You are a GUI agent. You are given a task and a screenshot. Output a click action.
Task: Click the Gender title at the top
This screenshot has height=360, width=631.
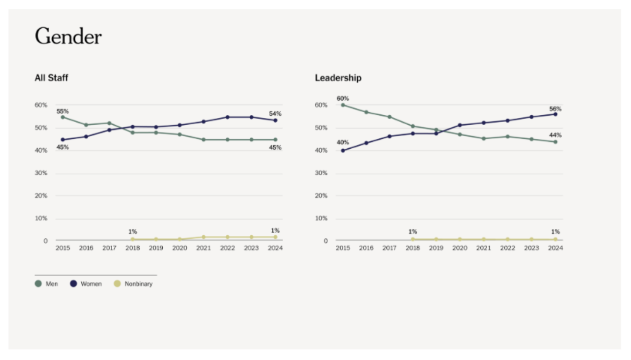pos(68,37)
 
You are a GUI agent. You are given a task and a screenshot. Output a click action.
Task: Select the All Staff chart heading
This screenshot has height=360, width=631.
pos(52,78)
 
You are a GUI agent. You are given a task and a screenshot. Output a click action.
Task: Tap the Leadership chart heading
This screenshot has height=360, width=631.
pos(338,78)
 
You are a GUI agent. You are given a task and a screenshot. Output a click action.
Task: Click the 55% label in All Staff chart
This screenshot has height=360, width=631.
pos(63,111)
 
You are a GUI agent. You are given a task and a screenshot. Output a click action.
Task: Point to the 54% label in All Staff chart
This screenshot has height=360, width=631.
pos(275,113)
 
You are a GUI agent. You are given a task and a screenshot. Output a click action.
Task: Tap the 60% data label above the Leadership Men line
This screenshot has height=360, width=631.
pos(343,98)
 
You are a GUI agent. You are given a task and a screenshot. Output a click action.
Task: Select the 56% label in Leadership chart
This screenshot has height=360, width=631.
pos(555,109)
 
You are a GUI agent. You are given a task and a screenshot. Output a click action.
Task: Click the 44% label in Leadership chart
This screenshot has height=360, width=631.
pos(555,135)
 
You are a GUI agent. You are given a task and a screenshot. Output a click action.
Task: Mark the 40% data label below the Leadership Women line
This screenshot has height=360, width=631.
pos(343,142)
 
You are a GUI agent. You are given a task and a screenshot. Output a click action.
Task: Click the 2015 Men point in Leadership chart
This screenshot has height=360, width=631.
pos(343,105)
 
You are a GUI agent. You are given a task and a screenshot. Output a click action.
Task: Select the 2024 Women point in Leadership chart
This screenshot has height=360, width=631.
pos(555,114)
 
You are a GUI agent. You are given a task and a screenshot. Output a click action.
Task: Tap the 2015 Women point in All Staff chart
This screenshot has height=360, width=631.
pos(63,139)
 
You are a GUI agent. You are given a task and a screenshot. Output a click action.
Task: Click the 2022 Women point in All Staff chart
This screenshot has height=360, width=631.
pos(227,117)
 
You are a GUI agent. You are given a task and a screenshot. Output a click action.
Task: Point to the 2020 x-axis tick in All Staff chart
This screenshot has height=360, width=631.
pos(180,248)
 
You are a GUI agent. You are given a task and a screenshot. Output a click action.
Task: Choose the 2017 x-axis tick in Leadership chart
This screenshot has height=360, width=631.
pos(390,248)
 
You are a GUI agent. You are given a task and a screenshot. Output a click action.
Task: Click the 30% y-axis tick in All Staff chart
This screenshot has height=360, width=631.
pos(41,173)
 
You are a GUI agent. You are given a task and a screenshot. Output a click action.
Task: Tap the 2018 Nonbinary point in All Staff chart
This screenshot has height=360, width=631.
pos(132,239)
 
